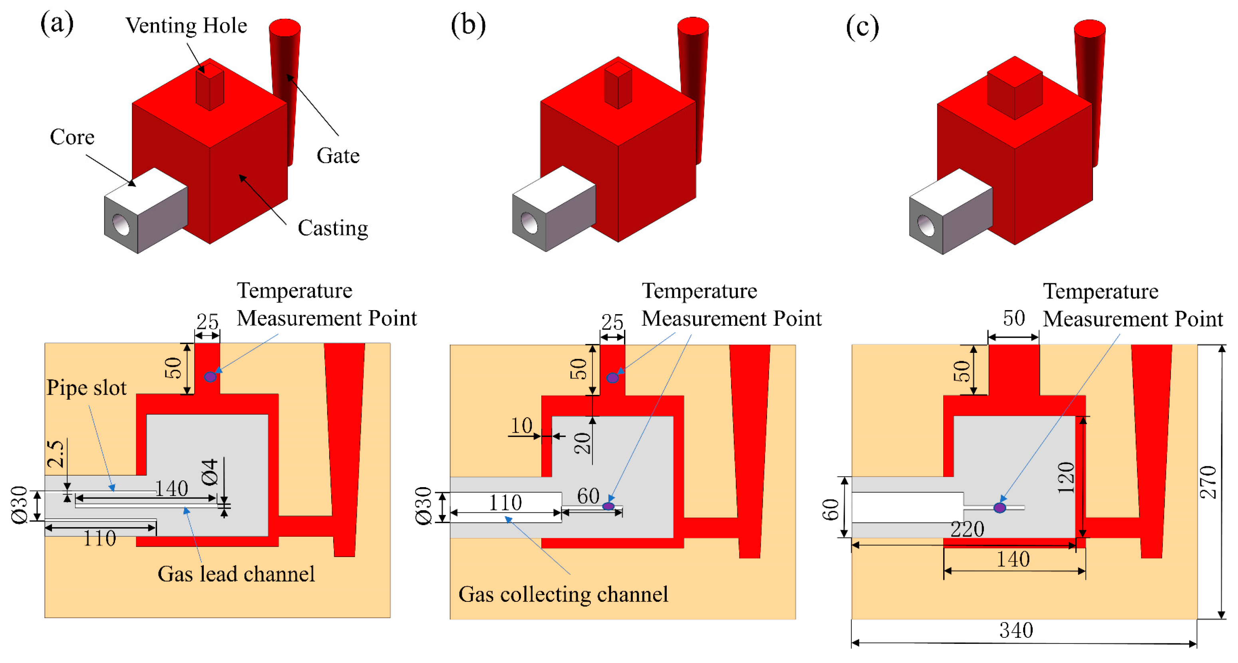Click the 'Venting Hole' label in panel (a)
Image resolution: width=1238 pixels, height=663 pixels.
[186, 26]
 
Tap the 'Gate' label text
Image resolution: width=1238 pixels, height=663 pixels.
[338, 156]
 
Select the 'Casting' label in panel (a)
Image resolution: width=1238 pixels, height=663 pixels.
[332, 228]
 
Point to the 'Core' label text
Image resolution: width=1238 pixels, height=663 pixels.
[72, 137]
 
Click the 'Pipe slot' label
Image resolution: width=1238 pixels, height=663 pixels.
[87, 388]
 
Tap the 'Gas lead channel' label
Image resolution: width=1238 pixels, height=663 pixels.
[236, 574]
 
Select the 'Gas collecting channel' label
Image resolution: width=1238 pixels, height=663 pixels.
[563, 594]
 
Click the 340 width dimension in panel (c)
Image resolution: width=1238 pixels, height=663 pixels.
[1015, 630]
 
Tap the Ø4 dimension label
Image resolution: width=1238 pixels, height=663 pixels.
[210, 472]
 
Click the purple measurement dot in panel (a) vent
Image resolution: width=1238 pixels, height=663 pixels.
[210, 377]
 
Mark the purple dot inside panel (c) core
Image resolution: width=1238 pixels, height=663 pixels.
[1000, 508]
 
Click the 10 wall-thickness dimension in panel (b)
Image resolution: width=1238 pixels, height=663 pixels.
[521, 426]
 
